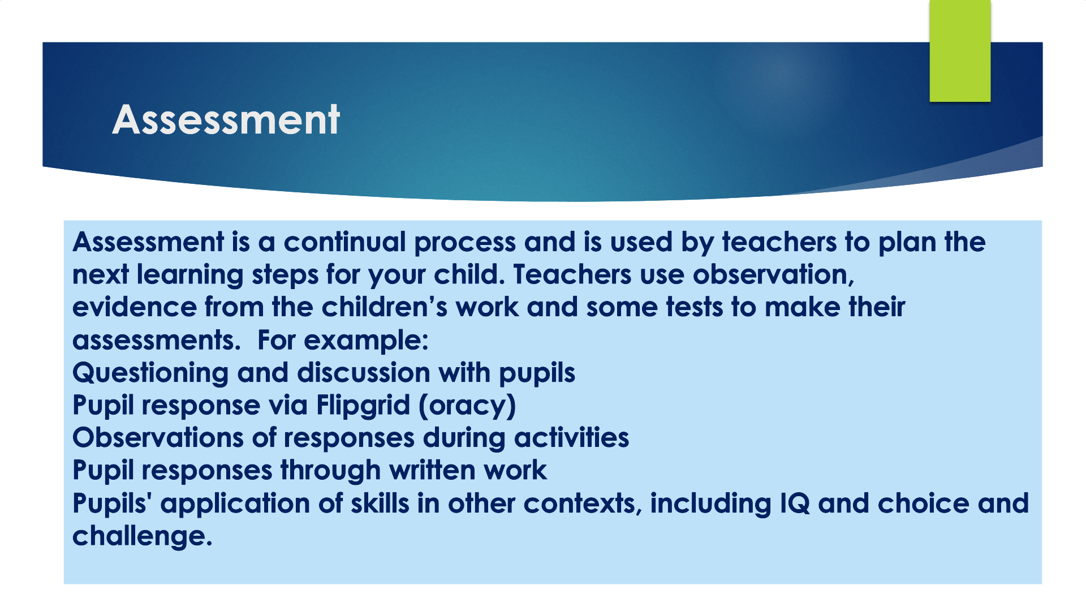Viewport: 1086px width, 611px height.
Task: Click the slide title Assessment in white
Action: click(226, 120)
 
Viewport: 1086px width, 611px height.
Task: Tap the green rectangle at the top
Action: click(960, 51)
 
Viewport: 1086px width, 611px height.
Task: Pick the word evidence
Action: click(134, 307)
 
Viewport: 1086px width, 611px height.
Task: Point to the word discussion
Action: click(364, 373)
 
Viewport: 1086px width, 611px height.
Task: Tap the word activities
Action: click(571, 438)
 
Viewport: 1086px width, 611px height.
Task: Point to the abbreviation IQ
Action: click(795, 504)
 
